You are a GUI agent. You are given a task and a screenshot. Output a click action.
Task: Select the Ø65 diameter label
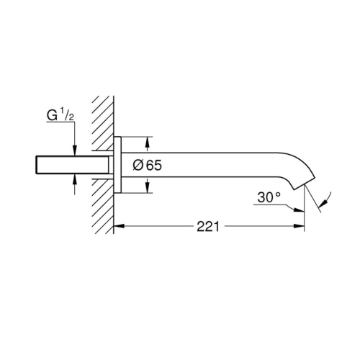(x=148, y=165)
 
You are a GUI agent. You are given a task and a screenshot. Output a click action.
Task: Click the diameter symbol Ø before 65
(x=139, y=165)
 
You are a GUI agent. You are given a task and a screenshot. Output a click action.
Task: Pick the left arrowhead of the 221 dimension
(x=120, y=226)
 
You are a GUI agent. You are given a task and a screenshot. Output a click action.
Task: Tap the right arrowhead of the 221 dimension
(x=300, y=226)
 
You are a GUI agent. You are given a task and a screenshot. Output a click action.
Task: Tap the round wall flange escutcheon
(x=119, y=165)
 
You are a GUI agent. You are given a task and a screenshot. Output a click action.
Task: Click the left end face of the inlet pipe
(x=35, y=165)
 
